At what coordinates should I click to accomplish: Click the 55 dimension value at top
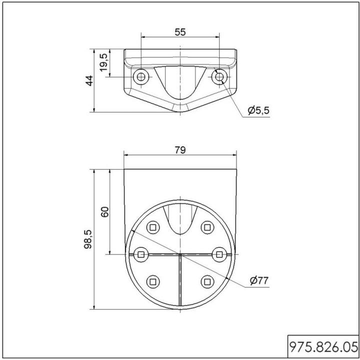coord(180,32)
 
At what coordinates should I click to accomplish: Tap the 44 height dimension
coord(88,81)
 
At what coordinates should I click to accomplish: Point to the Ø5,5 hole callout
coord(258,110)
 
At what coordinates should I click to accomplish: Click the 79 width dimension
coord(180,150)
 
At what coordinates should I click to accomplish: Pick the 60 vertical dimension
coord(104,211)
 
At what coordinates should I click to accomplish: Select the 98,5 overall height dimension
coord(88,239)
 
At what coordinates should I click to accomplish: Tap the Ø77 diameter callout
coord(258,281)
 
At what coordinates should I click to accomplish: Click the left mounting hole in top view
coord(141,76)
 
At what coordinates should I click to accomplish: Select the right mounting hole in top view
coord(219,76)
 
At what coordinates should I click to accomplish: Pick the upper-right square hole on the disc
coord(206,227)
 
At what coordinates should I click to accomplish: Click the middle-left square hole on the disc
coord(141,254)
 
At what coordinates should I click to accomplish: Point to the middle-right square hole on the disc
coord(218,254)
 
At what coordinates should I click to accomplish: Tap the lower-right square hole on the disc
coord(206,282)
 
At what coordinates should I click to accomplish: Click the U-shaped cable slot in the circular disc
coord(179,220)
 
